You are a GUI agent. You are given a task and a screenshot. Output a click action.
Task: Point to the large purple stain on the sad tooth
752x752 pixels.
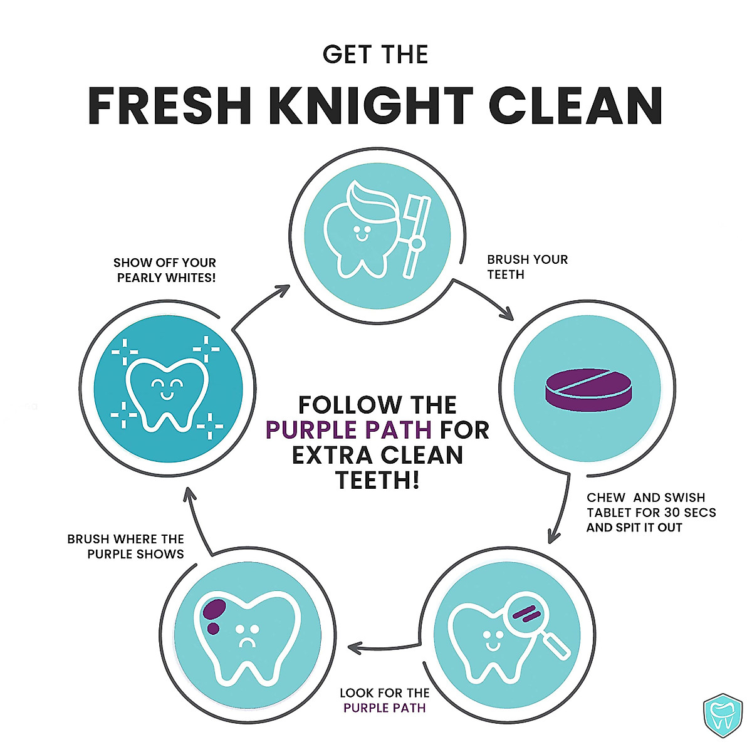pos(215,608)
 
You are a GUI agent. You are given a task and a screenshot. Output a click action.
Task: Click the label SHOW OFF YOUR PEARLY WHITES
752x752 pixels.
pos(165,270)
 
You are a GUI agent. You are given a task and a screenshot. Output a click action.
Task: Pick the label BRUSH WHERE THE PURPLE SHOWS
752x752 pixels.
pos(126,546)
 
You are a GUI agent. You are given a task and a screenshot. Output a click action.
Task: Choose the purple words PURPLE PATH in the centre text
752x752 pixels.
pos(348,430)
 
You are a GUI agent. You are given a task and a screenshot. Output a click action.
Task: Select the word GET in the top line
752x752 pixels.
pos(343,55)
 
